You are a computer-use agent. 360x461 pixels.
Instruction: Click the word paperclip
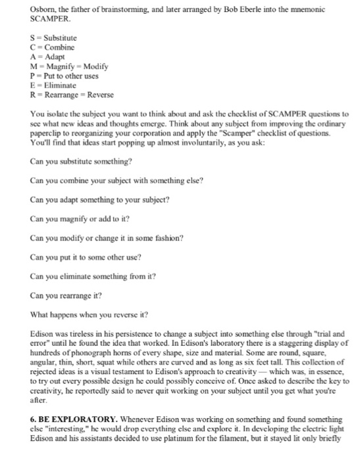(50, 132)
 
